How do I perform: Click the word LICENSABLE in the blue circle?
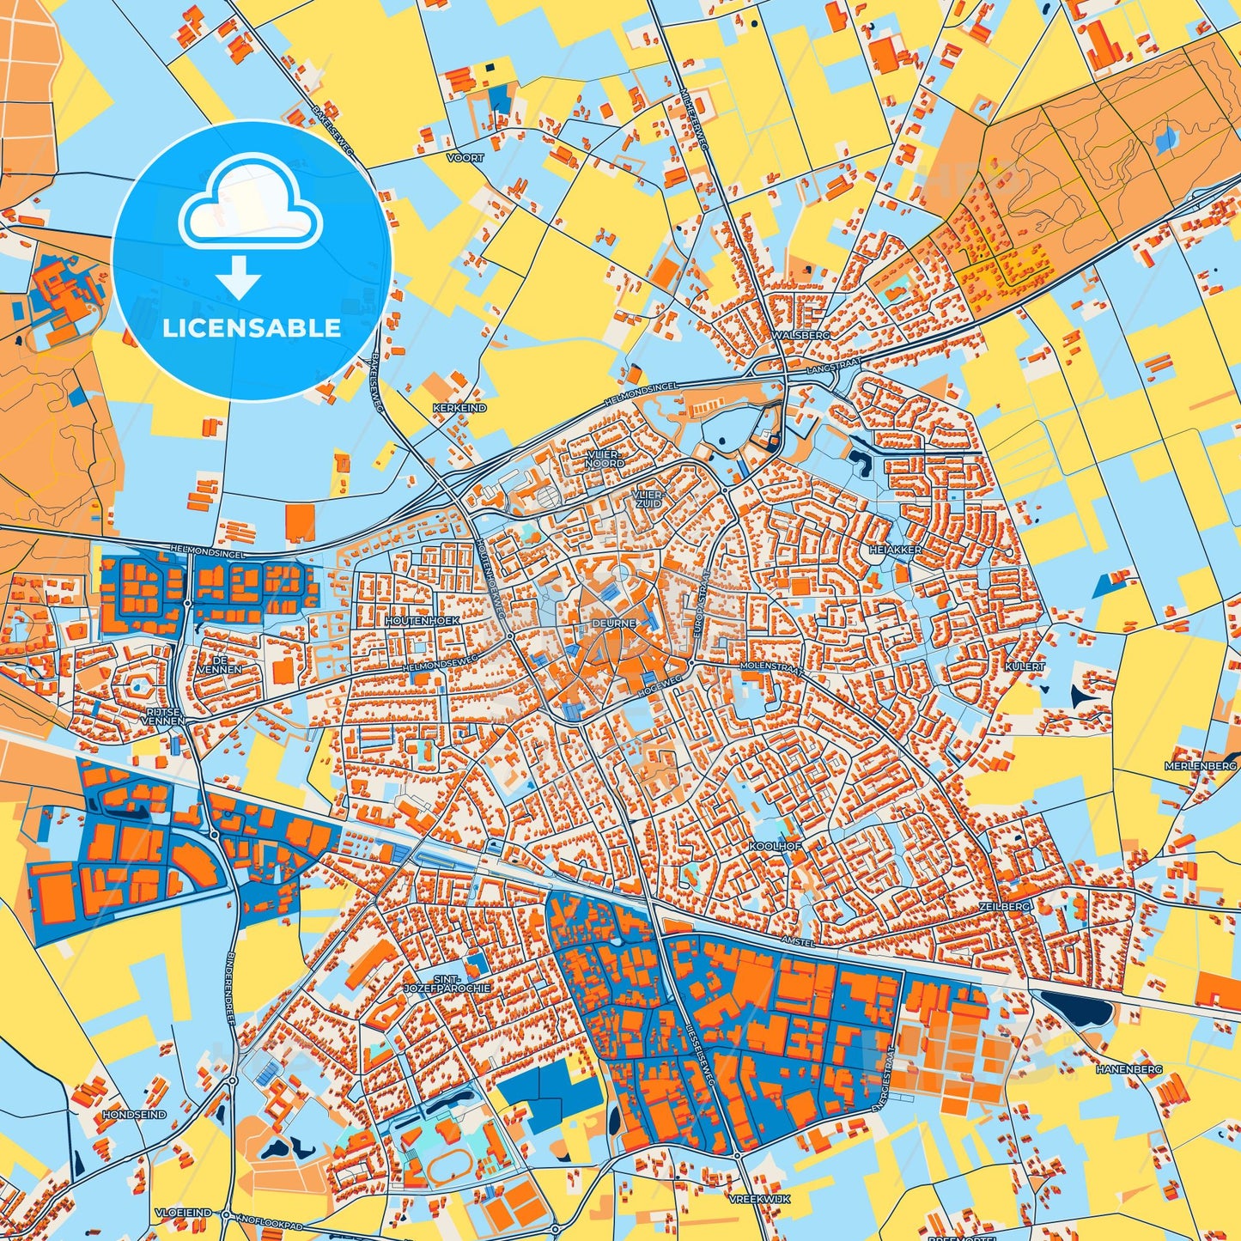pyautogui.click(x=252, y=327)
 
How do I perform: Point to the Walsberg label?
pyautogui.click(x=801, y=335)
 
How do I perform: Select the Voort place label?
pyautogui.click(x=465, y=158)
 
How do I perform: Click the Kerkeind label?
pyautogui.click(x=459, y=408)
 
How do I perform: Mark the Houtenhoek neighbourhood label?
pyautogui.click(x=423, y=619)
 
